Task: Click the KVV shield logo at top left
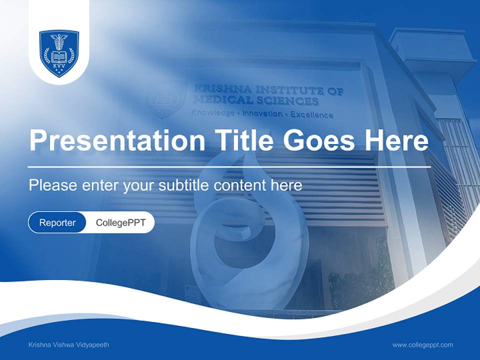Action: point(59,53)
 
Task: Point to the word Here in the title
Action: point(396,140)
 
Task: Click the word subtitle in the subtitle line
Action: point(184,185)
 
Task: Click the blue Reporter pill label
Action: point(57,222)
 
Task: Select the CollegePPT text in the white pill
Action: point(120,222)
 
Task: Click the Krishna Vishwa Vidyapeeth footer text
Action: point(69,345)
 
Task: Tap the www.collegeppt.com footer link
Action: point(422,345)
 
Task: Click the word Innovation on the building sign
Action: point(262,114)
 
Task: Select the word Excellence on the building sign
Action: point(311,115)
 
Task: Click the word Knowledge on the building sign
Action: point(213,113)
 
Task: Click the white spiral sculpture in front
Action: point(245,235)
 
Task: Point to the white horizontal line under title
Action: point(229,166)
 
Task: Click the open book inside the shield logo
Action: point(59,56)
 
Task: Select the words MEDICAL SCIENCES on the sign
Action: point(256,101)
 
